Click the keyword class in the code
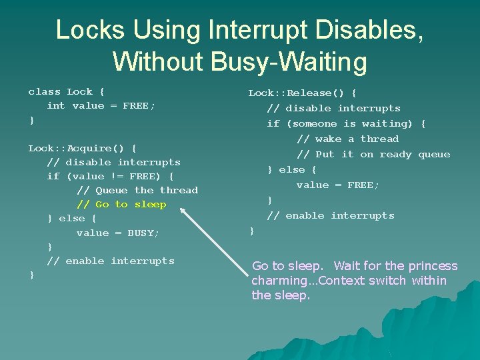(x=44, y=92)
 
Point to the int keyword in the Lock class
(x=56, y=106)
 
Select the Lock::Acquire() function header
(x=82, y=148)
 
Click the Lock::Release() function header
(x=302, y=93)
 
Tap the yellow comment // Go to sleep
(x=121, y=205)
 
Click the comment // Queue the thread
(x=137, y=191)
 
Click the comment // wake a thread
(x=347, y=139)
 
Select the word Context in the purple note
(x=340, y=281)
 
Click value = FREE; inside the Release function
(x=337, y=185)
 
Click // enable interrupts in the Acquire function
(x=111, y=261)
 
